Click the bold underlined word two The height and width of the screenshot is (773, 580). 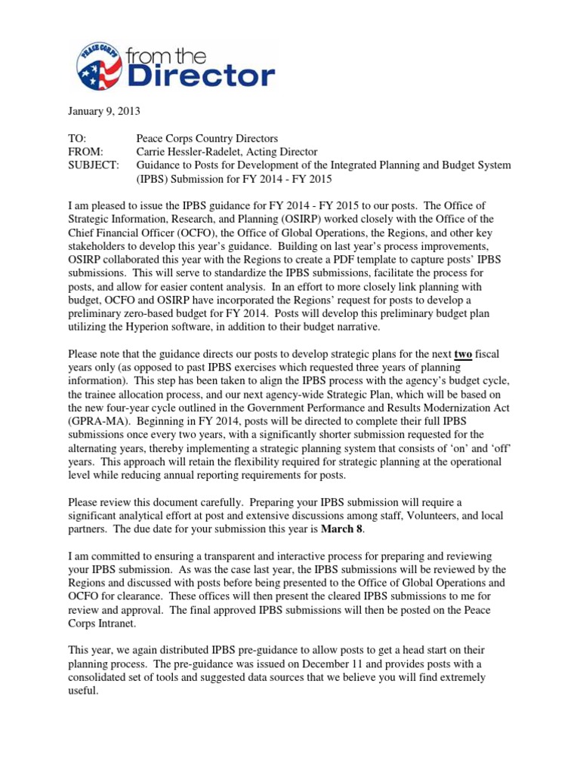[x=464, y=354]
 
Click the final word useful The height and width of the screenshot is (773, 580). [x=82, y=690]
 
